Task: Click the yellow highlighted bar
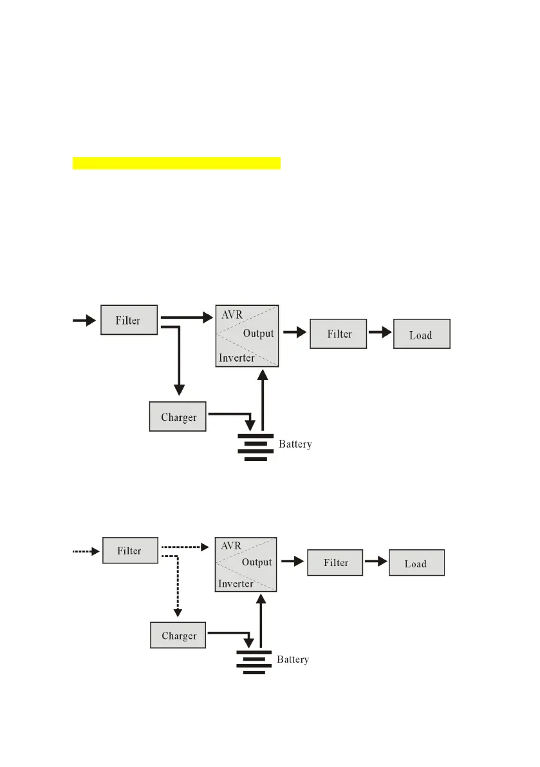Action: [x=176, y=162]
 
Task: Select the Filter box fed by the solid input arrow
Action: [x=129, y=319]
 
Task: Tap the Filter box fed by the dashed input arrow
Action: [x=129, y=551]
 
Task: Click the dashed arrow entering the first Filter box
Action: [x=85, y=551]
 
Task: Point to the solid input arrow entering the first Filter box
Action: [x=84, y=319]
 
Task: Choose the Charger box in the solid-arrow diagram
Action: [x=178, y=417]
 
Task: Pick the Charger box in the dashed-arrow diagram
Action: [x=178, y=636]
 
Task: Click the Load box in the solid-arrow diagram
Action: [x=421, y=334]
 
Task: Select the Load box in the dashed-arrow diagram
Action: [x=416, y=563]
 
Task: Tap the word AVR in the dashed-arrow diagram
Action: [x=230, y=545]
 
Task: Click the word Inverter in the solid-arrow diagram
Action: [x=237, y=357]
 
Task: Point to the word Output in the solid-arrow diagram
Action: [x=258, y=334]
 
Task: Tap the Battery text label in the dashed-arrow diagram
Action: [x=293, y=659]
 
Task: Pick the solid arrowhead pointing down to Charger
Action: [x=179, y=389]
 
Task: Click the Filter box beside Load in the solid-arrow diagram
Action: [x=338, y=334]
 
